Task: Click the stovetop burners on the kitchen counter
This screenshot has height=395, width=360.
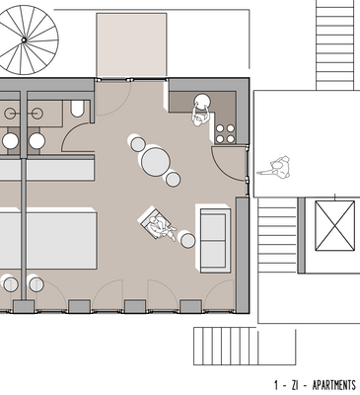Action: (224, 130)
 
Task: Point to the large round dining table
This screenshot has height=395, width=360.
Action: (157, 159)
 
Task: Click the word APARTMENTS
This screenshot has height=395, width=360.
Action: (333, 384)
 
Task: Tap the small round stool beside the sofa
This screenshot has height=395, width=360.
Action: (186, 239)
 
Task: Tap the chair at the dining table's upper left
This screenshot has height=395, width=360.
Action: (136, 143)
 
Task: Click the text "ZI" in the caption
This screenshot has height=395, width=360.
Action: (293, 384)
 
